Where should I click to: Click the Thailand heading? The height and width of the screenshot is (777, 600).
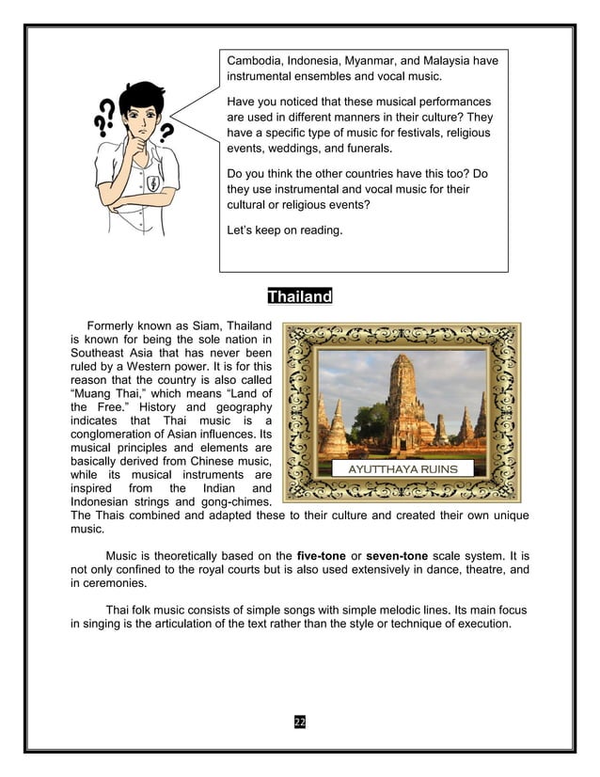pyautogui.click(x=300, y=297)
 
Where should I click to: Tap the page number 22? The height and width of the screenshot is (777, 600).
pyautogui.click(x=300, y=721)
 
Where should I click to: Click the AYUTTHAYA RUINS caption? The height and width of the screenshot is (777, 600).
pyautogui.click(x=403, y=468)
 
